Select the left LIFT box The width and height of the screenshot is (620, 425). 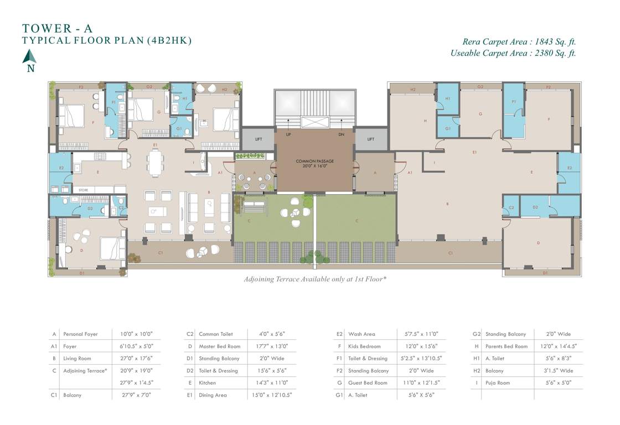tap(257, 139)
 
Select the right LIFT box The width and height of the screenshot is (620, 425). tap(371, 139)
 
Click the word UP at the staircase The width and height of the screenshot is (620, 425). tap(288, 134)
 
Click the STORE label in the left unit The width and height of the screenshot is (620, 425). tap(84, 190)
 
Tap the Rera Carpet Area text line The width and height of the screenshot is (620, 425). tap(519, 42)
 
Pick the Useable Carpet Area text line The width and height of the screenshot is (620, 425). tap(513, 53)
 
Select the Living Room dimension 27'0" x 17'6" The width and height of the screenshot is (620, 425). tap(136, 359)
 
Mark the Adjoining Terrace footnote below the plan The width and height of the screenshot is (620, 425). tap(315, 279)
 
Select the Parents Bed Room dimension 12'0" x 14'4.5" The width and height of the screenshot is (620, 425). tap(558, 346)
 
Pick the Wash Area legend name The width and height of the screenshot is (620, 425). tap(361, 334)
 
